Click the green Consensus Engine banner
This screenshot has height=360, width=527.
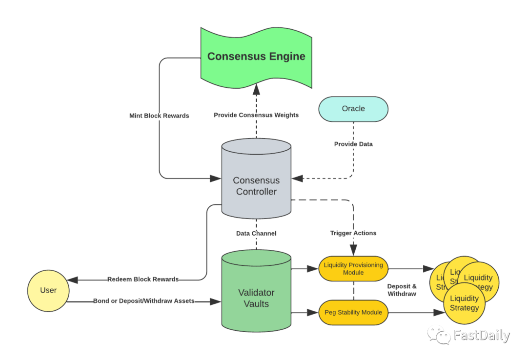[x=256, y=57]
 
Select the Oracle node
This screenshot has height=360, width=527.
[x=353, y=109]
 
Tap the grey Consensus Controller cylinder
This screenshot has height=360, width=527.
[x=256, y=185]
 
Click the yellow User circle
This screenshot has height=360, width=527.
[x=48, y=290]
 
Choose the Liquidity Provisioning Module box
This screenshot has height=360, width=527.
[x=353, y=268]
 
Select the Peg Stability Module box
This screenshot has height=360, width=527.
[x=353, y=312]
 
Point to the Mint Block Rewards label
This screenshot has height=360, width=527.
[x=159, y=116]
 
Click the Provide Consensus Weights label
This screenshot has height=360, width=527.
[x=256, y=115]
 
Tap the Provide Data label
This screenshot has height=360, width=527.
[x=353, y=144]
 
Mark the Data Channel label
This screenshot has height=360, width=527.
[x=256, y=233]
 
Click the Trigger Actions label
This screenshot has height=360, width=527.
[x=353, y=233]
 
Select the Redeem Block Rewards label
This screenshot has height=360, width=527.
[x=143, y=280]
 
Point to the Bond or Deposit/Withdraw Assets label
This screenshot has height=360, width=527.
[x=143, y=301]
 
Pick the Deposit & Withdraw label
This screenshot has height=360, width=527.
[x=402, y=290]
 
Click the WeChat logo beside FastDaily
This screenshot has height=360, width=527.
[x=439, y=335]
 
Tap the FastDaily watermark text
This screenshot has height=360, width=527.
[x=482, y=335]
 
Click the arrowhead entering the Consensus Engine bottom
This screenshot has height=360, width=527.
[x=256, y=90]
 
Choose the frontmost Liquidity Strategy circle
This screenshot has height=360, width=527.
[x=464, y=303]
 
